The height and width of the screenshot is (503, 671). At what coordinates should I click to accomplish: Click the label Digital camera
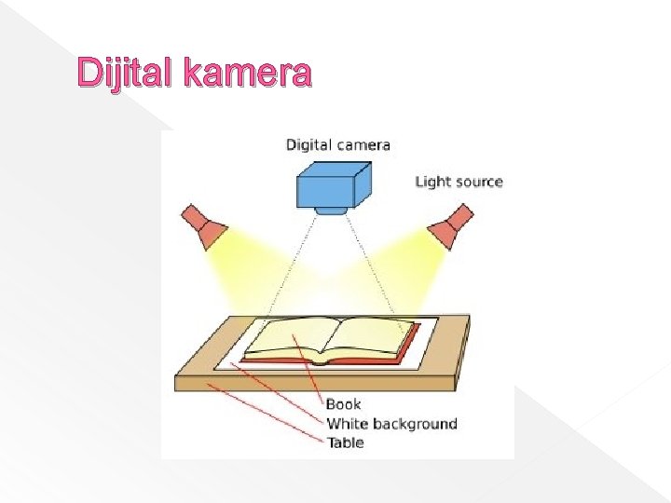pyautogui.click(x=337, y=144)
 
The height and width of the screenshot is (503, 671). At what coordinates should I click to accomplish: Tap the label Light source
pyautogui.click(x=458, y=182)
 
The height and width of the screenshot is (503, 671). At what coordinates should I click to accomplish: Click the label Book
pyautogui.click(x=343, y=404)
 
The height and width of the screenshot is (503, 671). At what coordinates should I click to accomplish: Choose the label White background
pyautogui.click(x=391, y=424)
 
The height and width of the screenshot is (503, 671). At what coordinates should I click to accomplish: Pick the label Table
pyautogui.click(x=345, y=442)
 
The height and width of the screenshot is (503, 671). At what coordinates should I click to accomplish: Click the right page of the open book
pyautogui.click(x=373, y=336)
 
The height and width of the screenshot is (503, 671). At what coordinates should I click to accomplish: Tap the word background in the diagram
pyautogui.click(x=415, y=424)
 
